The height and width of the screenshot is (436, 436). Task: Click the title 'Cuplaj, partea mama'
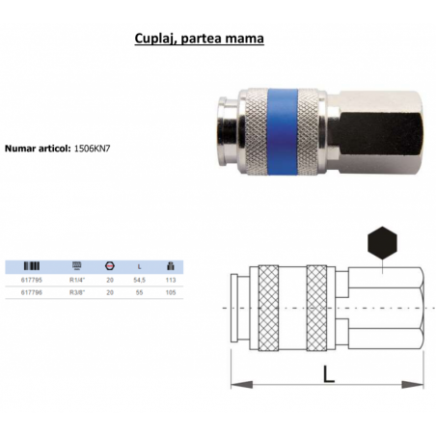pyautogui.click(x=197, y=41)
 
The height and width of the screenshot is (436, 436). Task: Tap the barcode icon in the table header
pyautogui.click(x=32, y=265)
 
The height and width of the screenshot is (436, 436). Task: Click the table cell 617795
pyautogui.click(x=32, y=279)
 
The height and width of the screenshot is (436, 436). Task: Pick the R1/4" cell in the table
pyautogui.click(x=78, y=279)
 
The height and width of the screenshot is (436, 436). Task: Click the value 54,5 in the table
pyautogui.click(x=141, y=279)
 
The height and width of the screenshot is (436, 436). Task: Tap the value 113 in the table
pyautogui.click(x=172, y=279)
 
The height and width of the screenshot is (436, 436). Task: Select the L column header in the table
pyautogui.click(x=141, y=265)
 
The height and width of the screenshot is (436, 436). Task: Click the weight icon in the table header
pyautogui.click(x=172, y=265)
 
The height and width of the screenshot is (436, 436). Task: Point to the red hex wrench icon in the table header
pyautogui.click(x=110, y=265)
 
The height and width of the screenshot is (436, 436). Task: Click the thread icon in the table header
pyautogui.click(x=78, y=265)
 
